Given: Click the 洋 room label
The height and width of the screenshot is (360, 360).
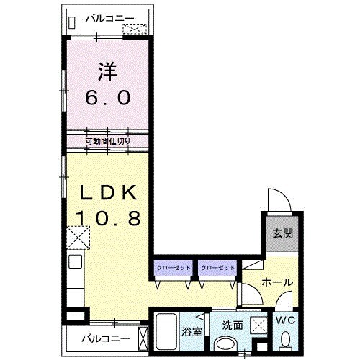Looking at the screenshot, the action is tap(107, 71).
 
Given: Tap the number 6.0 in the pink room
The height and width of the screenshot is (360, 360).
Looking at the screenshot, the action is tap(108, 98).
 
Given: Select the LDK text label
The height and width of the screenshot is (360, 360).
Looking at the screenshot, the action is tap(108, 193).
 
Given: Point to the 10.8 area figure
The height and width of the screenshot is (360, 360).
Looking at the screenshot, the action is tap(108, 218).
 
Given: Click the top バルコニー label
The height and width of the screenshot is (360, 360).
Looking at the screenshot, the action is tap(110, 19).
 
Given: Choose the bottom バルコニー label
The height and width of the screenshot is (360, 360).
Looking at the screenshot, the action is tap(106, 338).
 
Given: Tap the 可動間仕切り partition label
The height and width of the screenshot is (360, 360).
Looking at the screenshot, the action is tap(108, 141).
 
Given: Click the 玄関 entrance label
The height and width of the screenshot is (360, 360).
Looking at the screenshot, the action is tap(283, 233).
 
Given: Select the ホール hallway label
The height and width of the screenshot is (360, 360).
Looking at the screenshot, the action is tap(277, 282).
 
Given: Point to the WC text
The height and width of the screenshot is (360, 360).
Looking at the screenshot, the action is tap(285, 320).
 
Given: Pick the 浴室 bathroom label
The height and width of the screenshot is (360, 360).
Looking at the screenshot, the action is tap(192, 332).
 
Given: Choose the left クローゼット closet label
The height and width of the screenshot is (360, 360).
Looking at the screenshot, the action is tap(174, 268).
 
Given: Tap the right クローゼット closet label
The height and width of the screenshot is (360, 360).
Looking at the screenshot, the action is tap(217, 268).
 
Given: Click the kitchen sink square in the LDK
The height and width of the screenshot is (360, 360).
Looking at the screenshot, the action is tap(76, 261).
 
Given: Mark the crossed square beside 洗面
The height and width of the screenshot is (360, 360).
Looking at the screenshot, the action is tap(258, 325).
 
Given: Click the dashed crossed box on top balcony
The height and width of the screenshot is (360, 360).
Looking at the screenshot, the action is tap(135, 30).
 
